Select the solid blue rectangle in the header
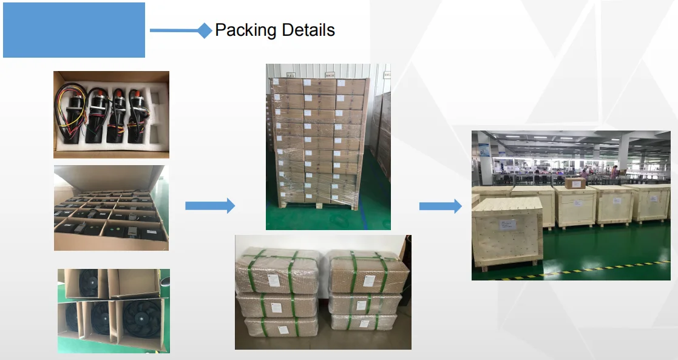[x=74, y=30]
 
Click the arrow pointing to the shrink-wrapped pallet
[x=209, y=206]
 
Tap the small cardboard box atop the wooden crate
[x=575, y=182]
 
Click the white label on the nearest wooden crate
[x=507, y=225]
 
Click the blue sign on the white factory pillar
[x=484, y=149]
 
